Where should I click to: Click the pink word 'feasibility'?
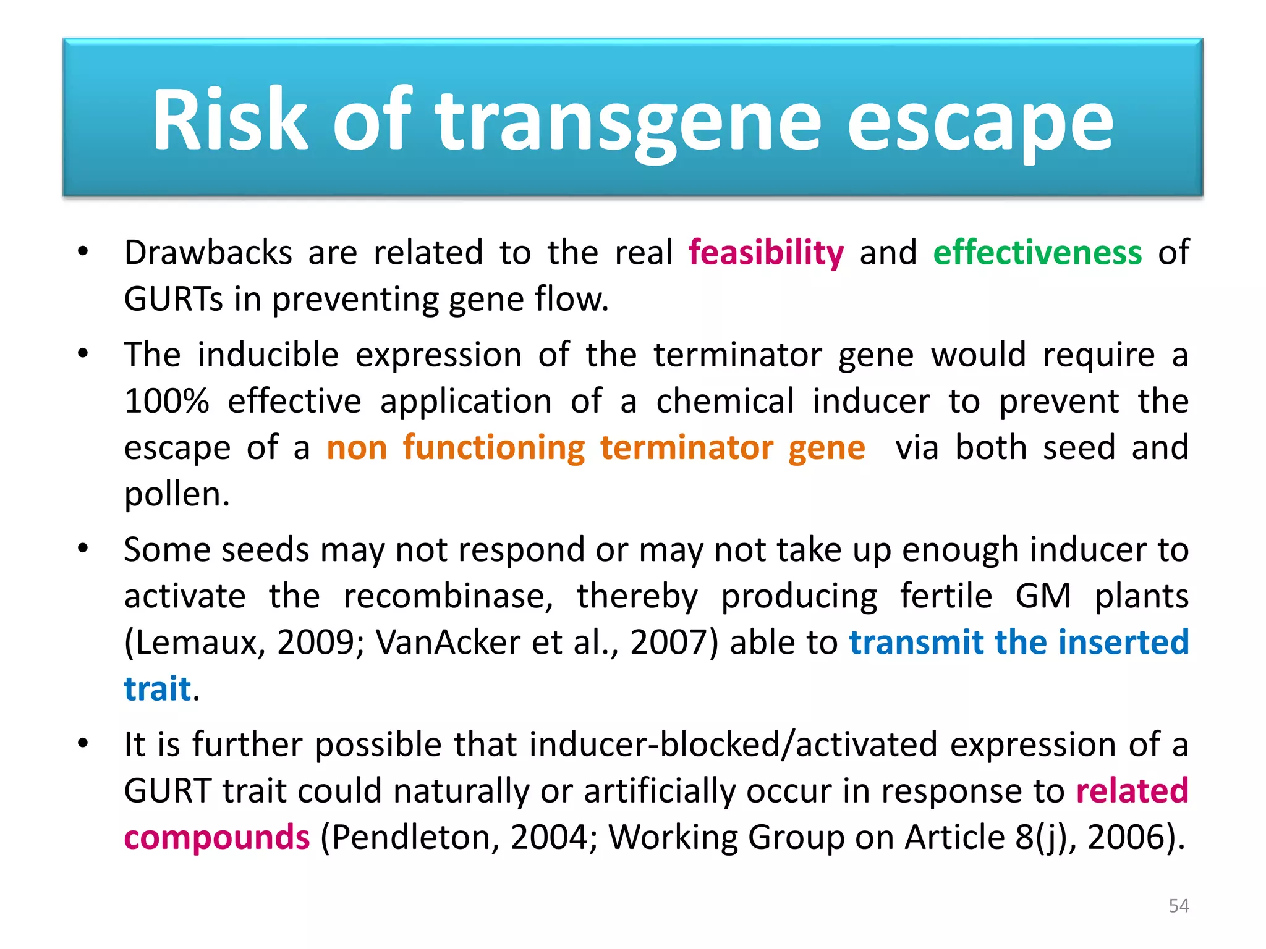[766, 253]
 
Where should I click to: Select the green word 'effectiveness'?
[1037, 253]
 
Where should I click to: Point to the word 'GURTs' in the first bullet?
[173, 299]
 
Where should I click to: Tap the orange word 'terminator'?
[686, 447]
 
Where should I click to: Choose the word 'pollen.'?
[177, 494]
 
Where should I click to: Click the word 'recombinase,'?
[448, 596]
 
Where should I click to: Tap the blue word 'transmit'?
[916, 643]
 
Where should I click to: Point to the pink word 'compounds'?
[216, 838]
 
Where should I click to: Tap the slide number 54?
[1178, 906]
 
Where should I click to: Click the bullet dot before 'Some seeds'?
[83, 549]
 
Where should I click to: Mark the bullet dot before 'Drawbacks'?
[83, 251]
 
